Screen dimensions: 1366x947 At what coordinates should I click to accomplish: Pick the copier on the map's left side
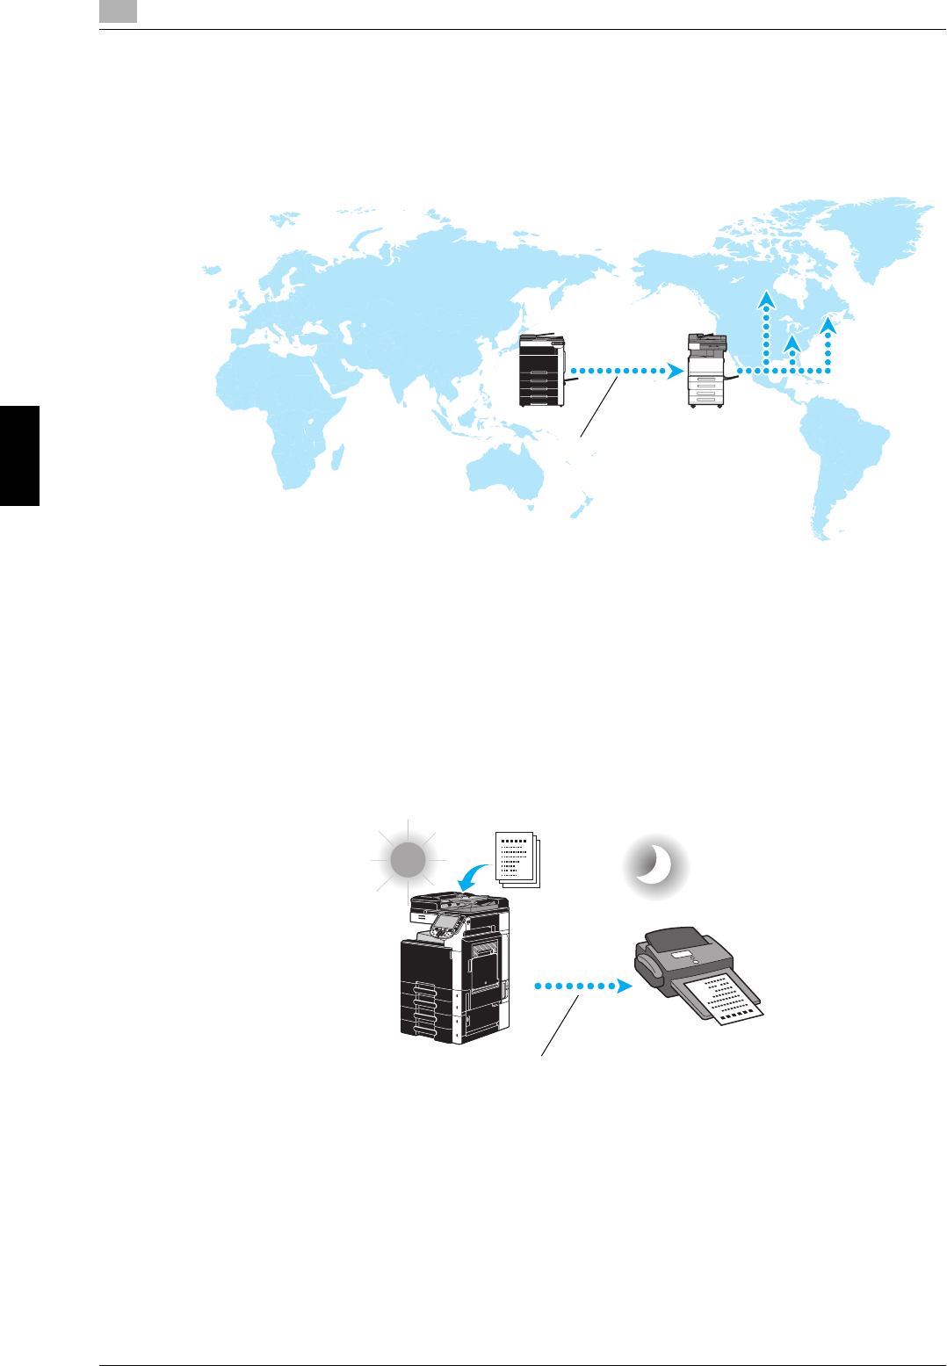[x=543, y=370]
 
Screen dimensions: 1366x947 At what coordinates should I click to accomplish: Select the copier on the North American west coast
[x=708, y=370]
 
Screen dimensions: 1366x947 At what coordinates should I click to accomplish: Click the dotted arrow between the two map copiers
[x=625, y=372]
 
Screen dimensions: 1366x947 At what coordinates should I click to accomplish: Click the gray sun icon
[x=408, y=860]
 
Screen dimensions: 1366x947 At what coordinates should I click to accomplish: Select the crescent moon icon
[x=654, y=867]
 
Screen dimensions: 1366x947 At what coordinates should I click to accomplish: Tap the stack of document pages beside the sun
[x=517, y=856]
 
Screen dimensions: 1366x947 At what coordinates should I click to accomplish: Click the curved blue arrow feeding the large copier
[x=474, y=876]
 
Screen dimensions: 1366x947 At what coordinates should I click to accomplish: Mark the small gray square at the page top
[x=118, y=11]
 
